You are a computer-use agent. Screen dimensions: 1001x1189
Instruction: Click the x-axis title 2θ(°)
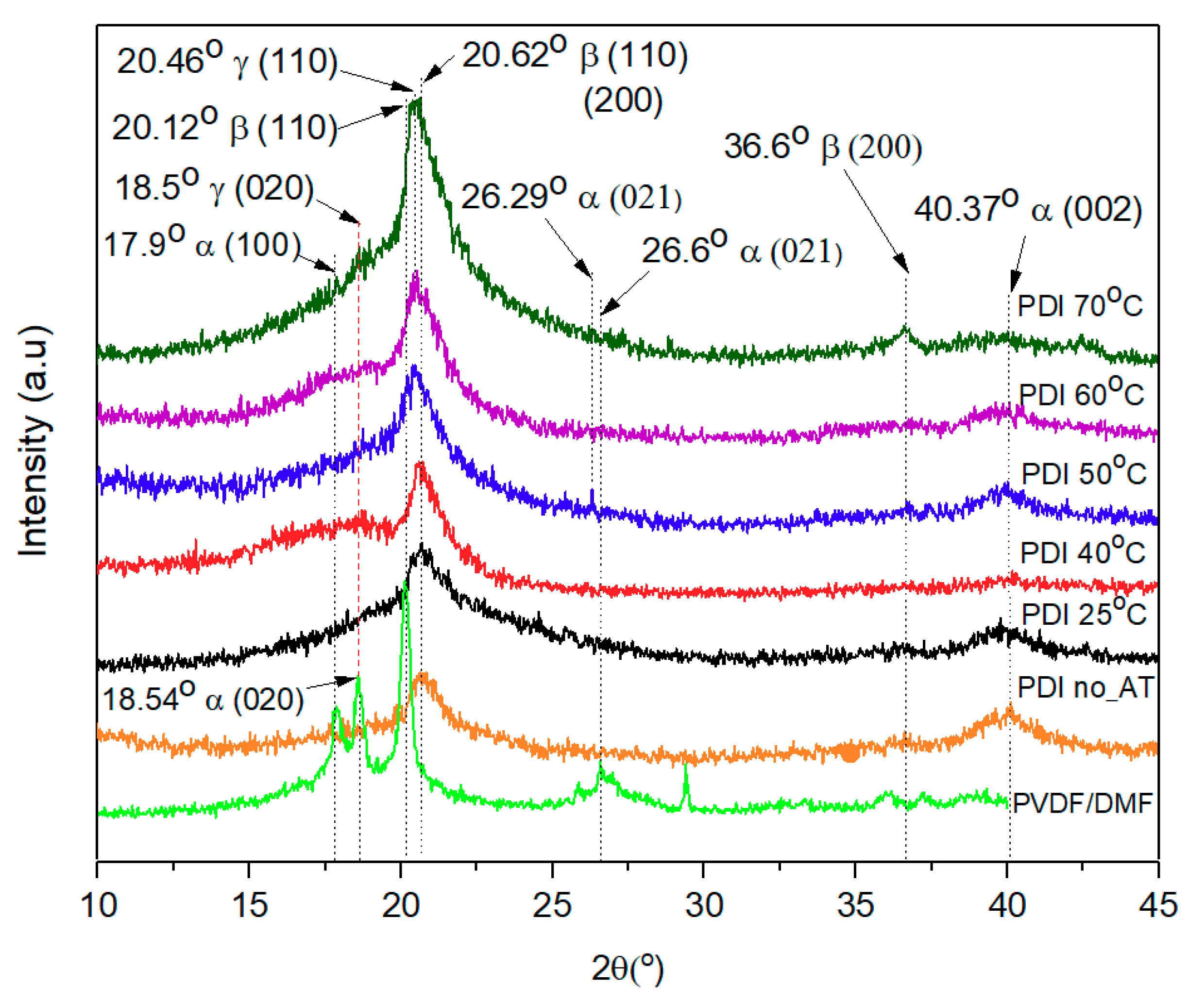click(627, 968)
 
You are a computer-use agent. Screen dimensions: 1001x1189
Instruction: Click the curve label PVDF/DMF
click(1082, 803)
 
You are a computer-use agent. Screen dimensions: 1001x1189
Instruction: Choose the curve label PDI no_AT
click(1085, 688)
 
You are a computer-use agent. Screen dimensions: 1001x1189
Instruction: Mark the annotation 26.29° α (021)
click(571, 197)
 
